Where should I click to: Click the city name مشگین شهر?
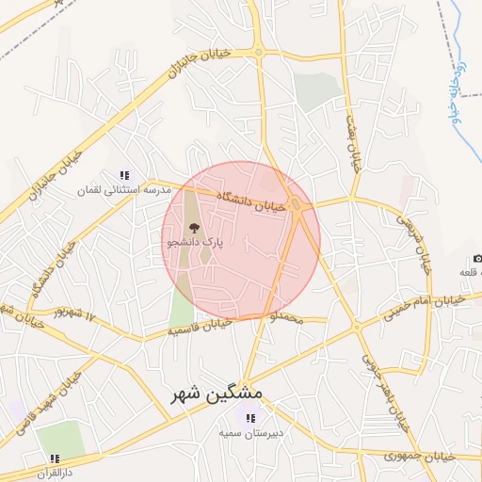pyautogui.click(x=217, y=394)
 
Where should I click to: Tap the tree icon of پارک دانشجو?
pyautogui.click(x=194, y=227)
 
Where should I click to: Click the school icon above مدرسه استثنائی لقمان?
pyautogui.click(x=124, y=175)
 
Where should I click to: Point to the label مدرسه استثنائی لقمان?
pyautogui.click(x=124, y=190)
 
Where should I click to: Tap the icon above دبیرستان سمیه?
pyautogui.click(x=250, y=418)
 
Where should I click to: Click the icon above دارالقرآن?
pyautogui.click(x=55, y=458)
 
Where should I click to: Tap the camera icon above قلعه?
pyautogui.click(x=477, y=259)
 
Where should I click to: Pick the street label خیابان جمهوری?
pyautogui.click(x=420, y=456)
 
